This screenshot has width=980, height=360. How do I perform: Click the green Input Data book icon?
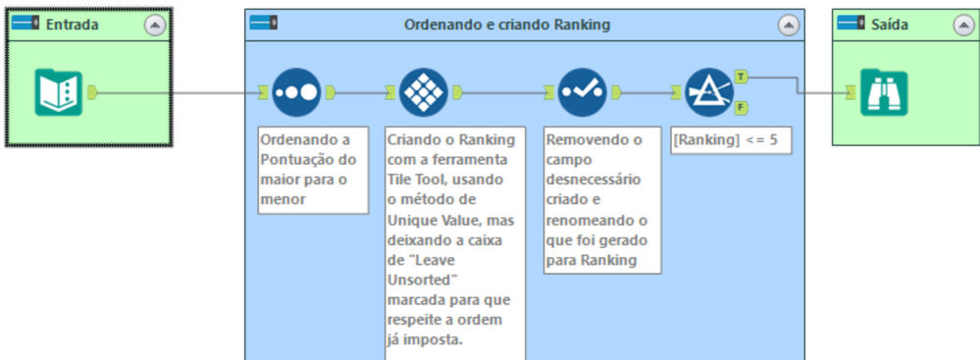click(59, 92)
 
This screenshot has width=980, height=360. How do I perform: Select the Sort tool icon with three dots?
click(296, 92)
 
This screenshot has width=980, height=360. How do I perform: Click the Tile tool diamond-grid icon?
click(424, 92)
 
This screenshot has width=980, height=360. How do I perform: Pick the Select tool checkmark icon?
click(583, 92)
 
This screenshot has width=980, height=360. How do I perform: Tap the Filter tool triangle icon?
click(709, 92)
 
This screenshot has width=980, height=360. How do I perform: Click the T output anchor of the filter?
click(741, 76)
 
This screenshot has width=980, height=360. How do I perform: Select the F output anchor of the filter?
click(741, 108)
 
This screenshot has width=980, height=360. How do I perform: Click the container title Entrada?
click(72, 25)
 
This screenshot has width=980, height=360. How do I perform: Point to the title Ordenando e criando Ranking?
click(507, 25)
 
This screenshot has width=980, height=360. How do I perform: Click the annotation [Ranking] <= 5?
click(725, 140)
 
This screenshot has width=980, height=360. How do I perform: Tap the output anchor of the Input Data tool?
click(93, 92)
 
